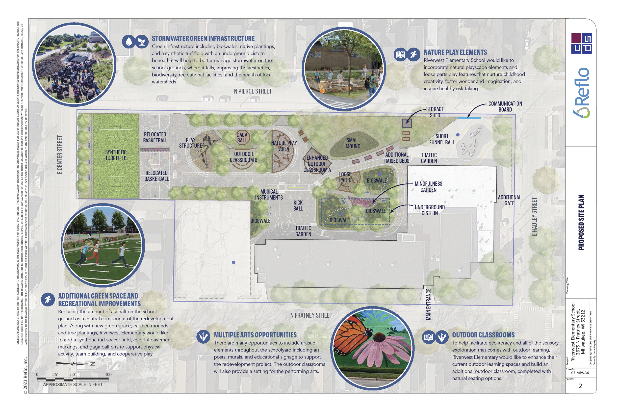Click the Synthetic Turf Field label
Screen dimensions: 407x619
116,155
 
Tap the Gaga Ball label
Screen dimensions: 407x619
242,138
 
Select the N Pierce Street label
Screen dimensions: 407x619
253,91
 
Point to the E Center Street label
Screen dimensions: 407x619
60,154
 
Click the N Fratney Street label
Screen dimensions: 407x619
311,315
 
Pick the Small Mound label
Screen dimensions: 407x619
353,143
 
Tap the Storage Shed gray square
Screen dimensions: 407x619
407,123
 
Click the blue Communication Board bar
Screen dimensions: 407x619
469,118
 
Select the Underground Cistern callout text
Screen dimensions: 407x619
429,210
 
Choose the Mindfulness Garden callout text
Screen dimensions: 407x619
428,187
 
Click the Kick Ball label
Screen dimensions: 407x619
298,205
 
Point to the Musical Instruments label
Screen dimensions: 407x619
269,195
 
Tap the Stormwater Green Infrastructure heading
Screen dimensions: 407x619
203,38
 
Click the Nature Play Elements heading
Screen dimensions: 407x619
455,52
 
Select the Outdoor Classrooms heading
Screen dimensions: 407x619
483,335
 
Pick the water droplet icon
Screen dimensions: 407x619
129,42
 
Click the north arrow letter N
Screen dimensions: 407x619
92,364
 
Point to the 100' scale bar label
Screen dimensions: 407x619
109,375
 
